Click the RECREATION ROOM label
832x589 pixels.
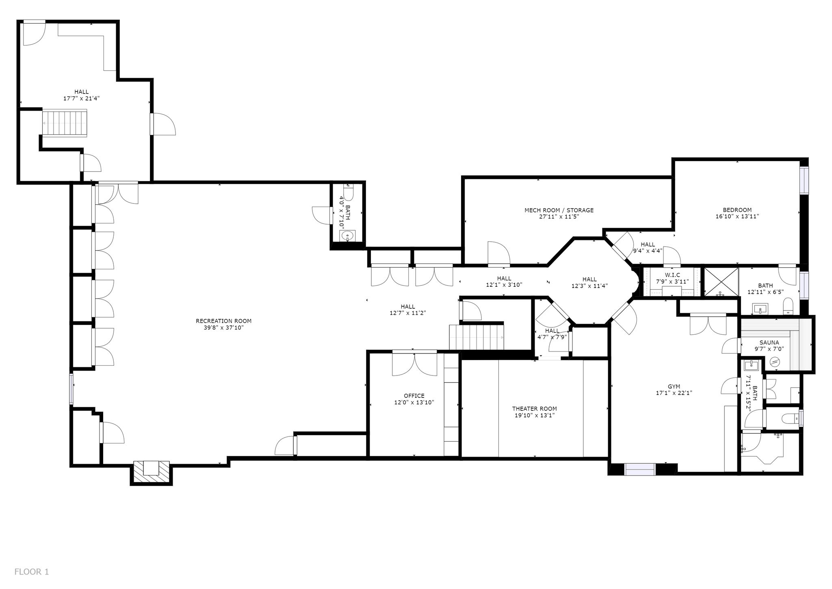[223, 321]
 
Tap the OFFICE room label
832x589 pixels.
[414, 396]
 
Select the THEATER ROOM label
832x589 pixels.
[534, 409]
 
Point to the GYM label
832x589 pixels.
[674, 386]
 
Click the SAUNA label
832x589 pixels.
[769, 342]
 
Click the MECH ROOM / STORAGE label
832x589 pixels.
[559, 210]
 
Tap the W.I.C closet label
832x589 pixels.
[672, 275]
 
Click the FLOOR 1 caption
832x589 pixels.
[32, 572]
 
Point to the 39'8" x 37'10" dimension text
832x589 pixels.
[223, 327]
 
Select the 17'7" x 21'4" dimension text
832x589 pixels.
[81, 98]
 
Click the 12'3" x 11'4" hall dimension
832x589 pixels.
[589, 286]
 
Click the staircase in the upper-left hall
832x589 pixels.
[65, 123]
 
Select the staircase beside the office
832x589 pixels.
[477, 337]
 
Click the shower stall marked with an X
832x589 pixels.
[721, 281]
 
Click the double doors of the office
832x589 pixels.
[414, 363]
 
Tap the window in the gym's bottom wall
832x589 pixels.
[640, 469]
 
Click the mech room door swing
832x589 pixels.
[498, 253]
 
